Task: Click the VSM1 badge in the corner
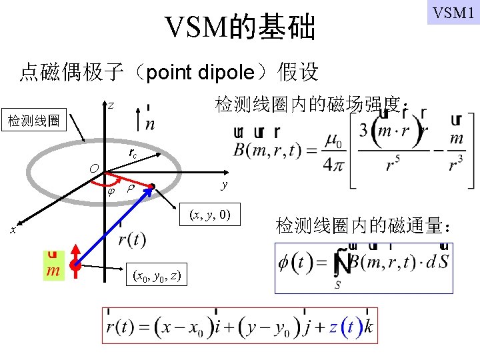(453, 13)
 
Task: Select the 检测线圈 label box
(34, 121)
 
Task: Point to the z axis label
(111, 105)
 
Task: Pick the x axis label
(13, 229)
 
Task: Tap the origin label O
(96, 167)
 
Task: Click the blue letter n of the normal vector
(150, 124)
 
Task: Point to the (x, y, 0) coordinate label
(210, 215)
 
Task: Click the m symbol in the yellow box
(53, 269)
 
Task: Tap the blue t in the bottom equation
(350, 327)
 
